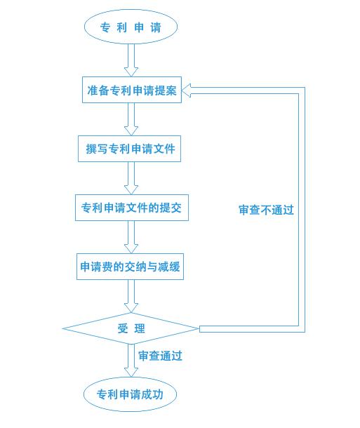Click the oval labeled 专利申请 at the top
(131, 27)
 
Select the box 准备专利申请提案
(132, 90)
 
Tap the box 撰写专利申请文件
(130, 149)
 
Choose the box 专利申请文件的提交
(132, 208)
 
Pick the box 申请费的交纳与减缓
(130, 267)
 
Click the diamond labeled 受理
(131, 328)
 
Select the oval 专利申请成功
(130, 394)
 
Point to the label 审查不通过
(266, 210)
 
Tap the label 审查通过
(160, 356)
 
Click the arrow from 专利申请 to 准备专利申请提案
(131, 60)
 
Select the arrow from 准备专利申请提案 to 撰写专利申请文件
(131, 119)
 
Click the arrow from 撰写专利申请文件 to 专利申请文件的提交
(131, 178)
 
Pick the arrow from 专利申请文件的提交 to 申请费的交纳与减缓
(131, 238)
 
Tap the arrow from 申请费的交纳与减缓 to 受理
(131, 296)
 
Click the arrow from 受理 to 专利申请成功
(131, 361)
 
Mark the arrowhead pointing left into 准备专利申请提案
(188, 90)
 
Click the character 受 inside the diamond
(121, 328)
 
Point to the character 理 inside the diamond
(140, 328)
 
